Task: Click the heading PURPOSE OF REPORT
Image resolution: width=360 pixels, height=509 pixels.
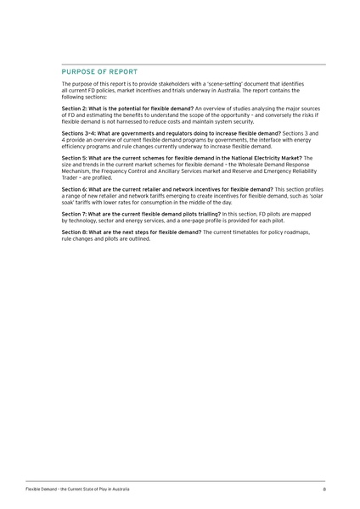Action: point(99,71)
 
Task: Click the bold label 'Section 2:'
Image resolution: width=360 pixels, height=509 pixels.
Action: point(77,109)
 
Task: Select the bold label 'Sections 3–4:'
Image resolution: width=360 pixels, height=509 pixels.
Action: point(82,133)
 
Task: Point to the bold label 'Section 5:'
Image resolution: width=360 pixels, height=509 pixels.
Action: point(77,157)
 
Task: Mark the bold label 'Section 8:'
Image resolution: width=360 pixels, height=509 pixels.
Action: point(77,232)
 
